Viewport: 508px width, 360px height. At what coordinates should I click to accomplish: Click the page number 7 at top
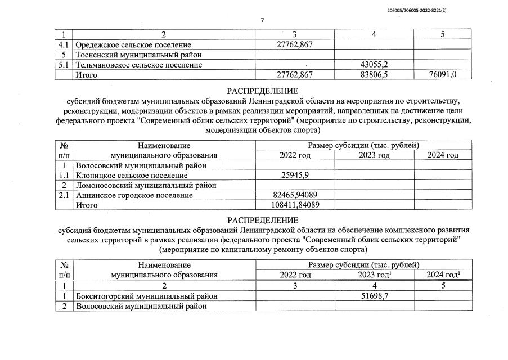262,21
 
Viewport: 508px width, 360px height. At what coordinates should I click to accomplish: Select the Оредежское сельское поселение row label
133,44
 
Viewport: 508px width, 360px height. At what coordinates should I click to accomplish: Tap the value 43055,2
374,65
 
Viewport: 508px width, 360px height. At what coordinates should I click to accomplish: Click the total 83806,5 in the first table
374,75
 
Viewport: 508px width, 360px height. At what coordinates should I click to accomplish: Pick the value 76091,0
442,75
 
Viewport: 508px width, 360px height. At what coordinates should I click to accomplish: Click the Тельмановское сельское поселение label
138,65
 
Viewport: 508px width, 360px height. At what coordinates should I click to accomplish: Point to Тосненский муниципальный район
138,55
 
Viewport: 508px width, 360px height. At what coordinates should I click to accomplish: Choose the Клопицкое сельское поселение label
132,175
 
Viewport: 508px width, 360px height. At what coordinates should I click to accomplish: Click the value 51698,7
374,296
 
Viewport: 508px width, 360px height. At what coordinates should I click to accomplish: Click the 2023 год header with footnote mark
375,275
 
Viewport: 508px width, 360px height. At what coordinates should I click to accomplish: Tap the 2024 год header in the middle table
442,155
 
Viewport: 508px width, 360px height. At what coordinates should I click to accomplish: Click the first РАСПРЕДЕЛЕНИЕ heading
262,91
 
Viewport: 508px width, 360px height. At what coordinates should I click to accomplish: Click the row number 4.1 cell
65,44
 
